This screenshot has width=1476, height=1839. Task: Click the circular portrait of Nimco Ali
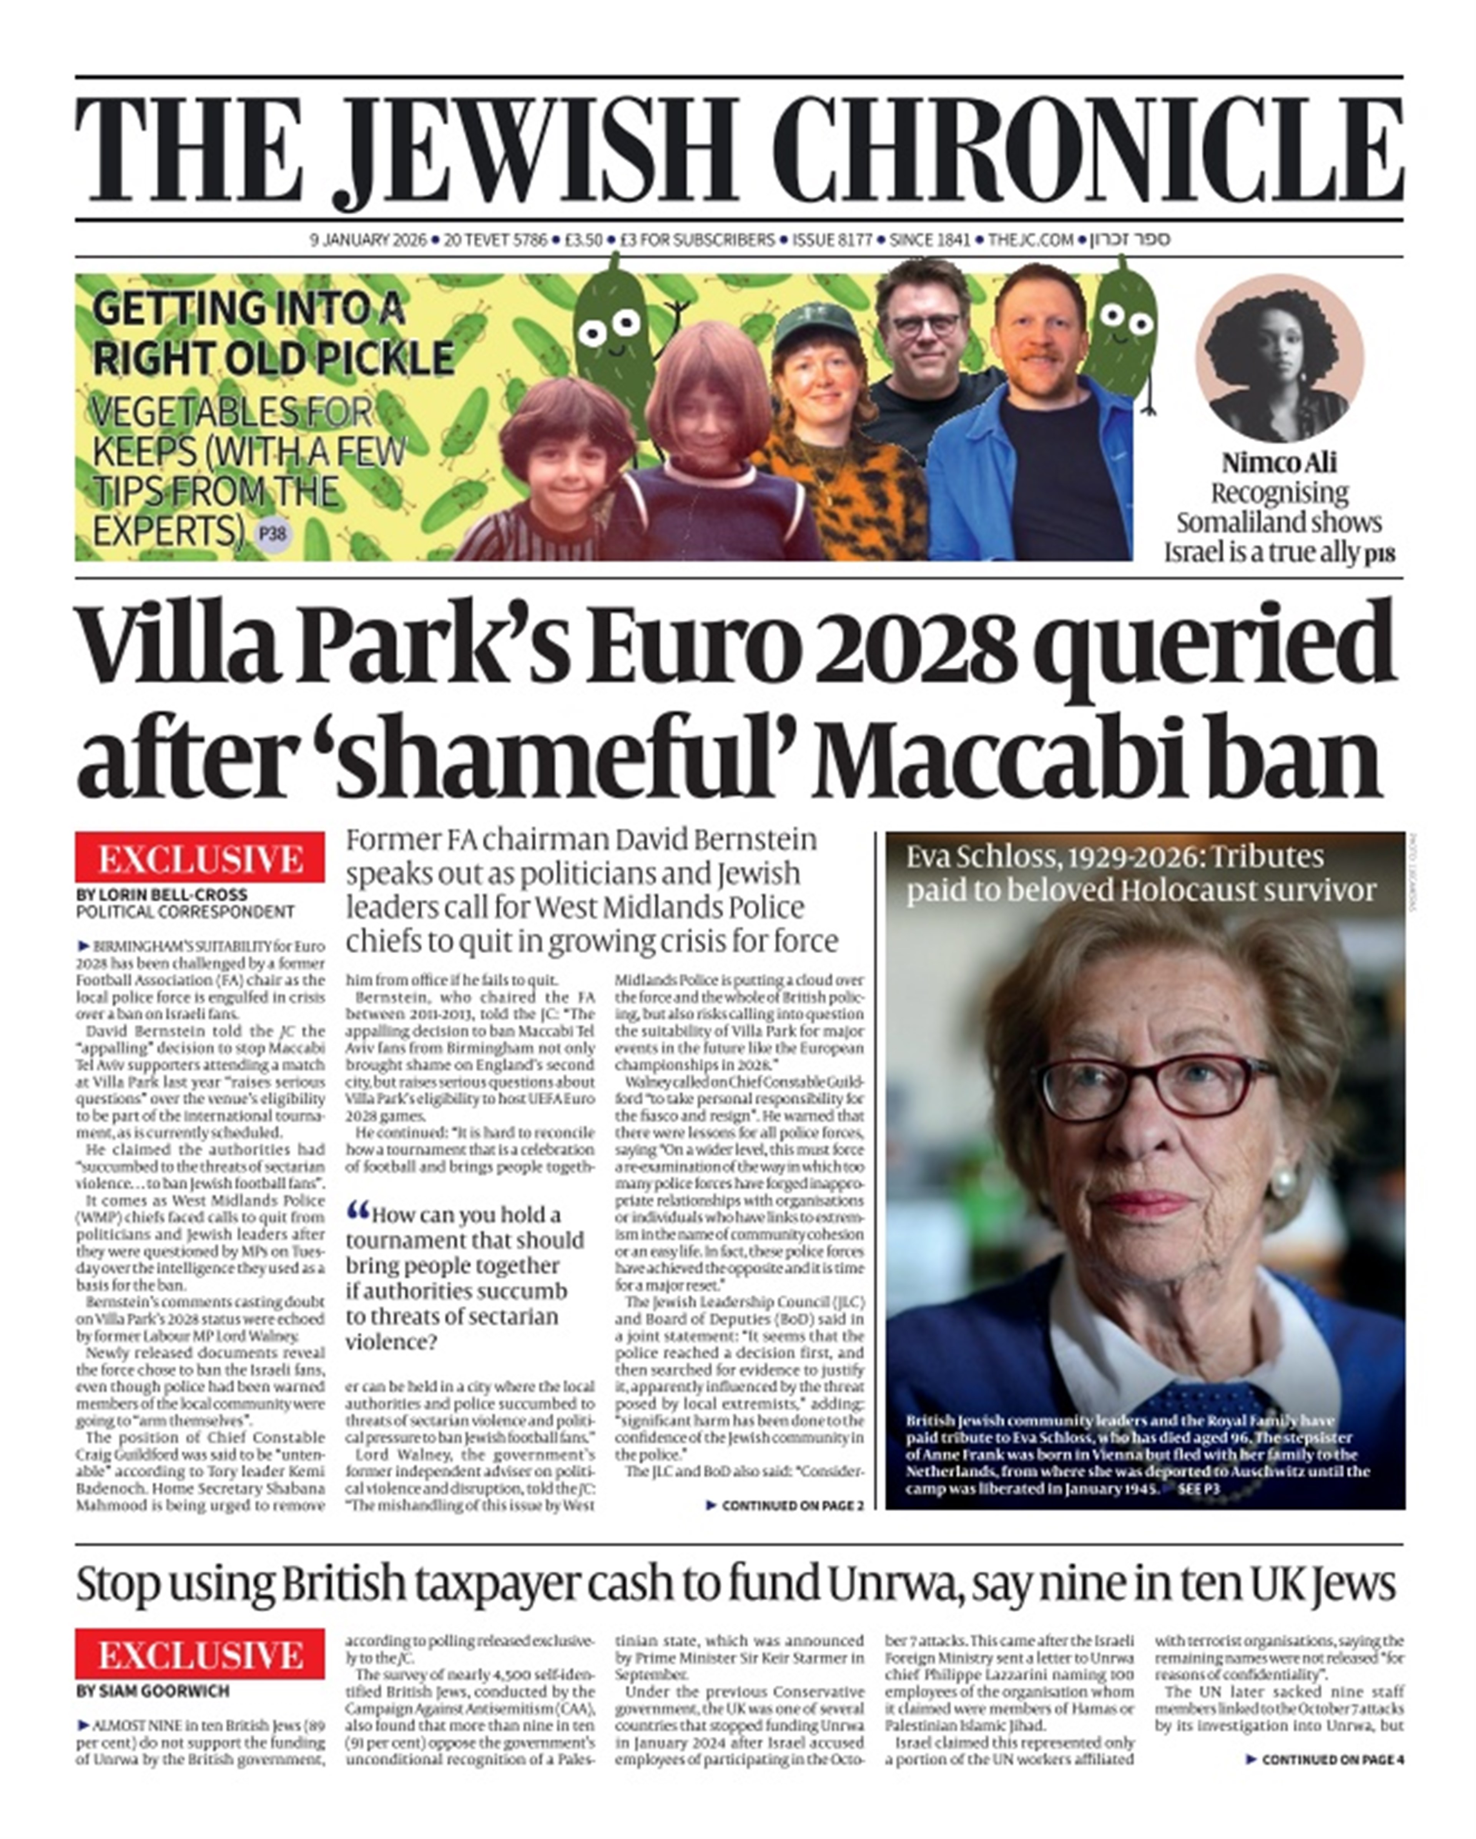point(1279,358)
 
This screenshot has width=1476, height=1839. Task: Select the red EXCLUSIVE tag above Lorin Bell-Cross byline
point(199,858)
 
